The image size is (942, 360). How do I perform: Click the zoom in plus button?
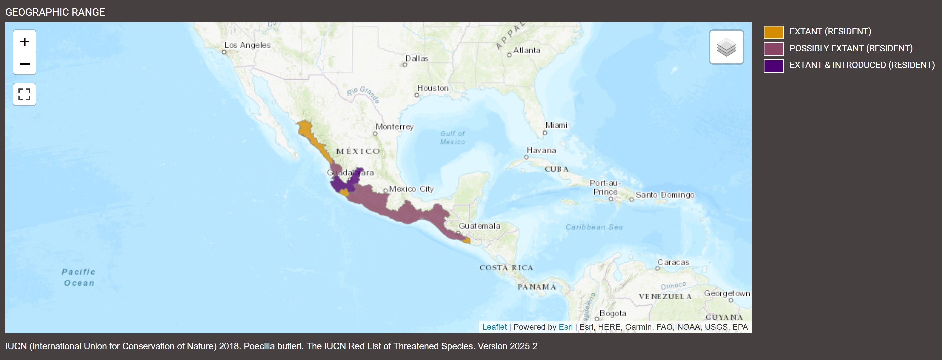(x=25, y=41)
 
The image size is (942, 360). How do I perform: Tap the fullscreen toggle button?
(x=25, y=94)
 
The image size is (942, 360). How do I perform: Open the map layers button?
(x=726, y=47)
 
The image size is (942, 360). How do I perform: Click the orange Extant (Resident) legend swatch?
(x=773, y=32)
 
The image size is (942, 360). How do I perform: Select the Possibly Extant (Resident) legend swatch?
(x=773, y=49)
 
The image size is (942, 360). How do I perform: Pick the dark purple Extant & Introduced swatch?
(x=773, y=65)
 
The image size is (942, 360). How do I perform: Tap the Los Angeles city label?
(x=247, y=45)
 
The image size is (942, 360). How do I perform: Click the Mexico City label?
(x=411, y=189)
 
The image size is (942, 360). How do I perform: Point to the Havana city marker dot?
(x=526, y=157)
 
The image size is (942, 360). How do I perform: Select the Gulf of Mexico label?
(x=452, y=138)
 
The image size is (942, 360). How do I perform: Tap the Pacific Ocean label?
(x=79, y=277)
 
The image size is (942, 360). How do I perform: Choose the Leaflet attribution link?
(x=494, y=327)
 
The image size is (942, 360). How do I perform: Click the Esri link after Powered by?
(x=565, y=327)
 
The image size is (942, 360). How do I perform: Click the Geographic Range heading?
(x=55, y=12)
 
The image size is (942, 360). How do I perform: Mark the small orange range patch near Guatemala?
(x=466, y=240)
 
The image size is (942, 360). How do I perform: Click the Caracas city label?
(x=673, y=262)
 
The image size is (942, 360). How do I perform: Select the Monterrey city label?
(x=394, y=127)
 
